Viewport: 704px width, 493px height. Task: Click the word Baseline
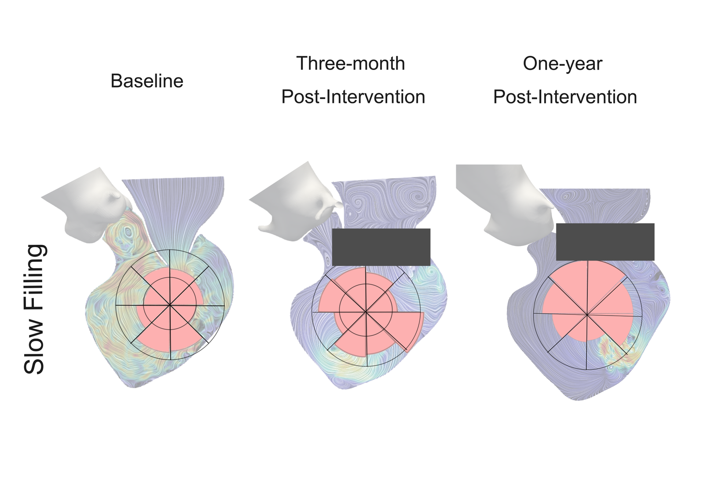coord(147,81)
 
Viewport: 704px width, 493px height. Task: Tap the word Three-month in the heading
coord(350,63)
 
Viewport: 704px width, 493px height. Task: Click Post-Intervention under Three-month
coord(353,97)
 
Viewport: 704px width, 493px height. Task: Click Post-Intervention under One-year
coord(565,97)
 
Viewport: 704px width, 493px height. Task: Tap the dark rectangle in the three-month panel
coord(381,247)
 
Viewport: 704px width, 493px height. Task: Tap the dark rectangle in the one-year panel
coord(605,242)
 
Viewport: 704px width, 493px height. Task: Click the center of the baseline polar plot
coord(170,305)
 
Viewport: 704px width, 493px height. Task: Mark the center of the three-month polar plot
coord(366,312)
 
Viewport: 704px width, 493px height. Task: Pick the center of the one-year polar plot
coord(587,315)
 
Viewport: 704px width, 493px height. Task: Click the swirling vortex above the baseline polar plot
coord(128,231)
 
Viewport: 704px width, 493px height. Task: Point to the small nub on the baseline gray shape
coord(116,196)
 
